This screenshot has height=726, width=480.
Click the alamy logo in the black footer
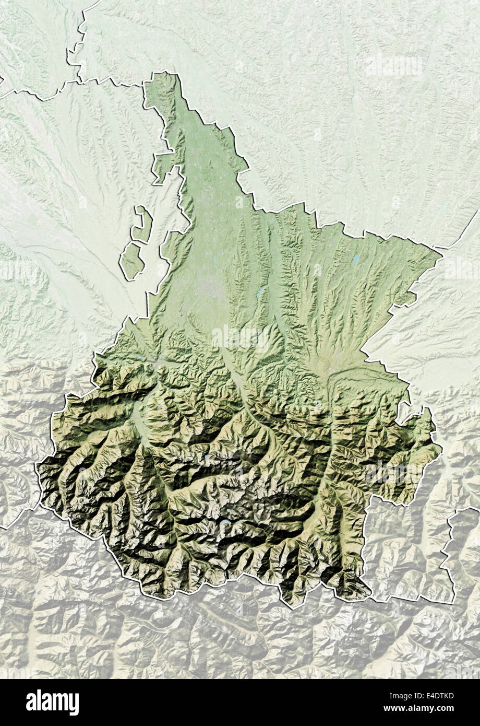[x=52, y=702]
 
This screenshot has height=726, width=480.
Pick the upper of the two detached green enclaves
[x=141, y=224]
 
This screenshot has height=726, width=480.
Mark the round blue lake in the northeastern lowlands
[x=355, y=259]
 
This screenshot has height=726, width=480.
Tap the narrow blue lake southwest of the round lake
[x=259, y=294]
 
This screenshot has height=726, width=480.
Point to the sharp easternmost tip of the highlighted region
[x=442, y=255]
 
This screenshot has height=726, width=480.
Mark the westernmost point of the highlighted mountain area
[x=37, y=465]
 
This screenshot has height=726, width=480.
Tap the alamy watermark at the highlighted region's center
[x=241, y=338]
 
